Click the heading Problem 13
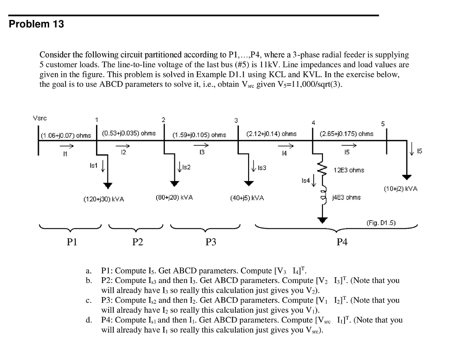[37, 24]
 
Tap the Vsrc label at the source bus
[40, 118]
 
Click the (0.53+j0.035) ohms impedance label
[129, 133]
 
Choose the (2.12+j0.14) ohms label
[271, 133]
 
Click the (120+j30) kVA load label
[104, 199]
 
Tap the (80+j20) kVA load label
[174, 197]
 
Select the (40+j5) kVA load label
[247, 198]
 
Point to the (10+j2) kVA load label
[400, 189]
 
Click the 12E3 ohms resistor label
[349, 170]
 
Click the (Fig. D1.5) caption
[380, 222]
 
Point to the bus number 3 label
[236, 120]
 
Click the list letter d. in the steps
[89, 320]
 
